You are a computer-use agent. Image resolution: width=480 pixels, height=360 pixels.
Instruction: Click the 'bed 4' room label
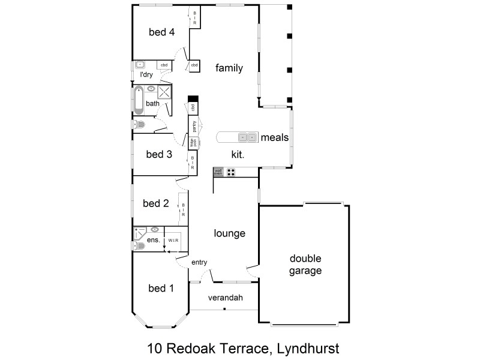click(161, 32)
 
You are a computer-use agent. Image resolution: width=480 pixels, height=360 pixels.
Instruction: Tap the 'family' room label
click(229, 68)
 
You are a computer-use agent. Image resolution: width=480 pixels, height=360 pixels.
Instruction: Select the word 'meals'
click(275, 137)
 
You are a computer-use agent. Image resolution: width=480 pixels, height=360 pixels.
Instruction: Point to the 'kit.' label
click(238, 154)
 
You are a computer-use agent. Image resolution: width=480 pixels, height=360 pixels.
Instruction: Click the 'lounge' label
click(230, 233)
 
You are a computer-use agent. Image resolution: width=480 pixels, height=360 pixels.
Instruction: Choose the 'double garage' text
click(305, 265)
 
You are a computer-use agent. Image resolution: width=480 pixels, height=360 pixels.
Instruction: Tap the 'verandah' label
click(224, 298)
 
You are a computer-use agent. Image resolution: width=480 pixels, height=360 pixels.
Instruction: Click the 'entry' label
click(199, 263)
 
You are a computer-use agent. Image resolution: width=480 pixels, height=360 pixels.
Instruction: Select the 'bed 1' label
click(161, 289)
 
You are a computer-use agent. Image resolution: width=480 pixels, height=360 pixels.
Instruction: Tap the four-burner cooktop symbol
click(231, 172)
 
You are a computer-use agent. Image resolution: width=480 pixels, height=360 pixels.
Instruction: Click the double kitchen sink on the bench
click(247, 137)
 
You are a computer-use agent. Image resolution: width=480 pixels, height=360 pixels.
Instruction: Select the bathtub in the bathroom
click(139, 100)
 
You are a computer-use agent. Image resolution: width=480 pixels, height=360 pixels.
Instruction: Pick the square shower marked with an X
click(164, 92)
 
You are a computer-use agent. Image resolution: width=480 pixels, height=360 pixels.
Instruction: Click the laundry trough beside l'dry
click(140, 64)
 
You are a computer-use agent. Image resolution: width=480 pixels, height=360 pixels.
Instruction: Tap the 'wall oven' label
click(218, 172)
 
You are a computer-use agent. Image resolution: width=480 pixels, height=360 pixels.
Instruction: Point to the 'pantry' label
click(194, 126)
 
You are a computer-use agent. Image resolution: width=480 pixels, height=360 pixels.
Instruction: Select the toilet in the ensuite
click(139, 245)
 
